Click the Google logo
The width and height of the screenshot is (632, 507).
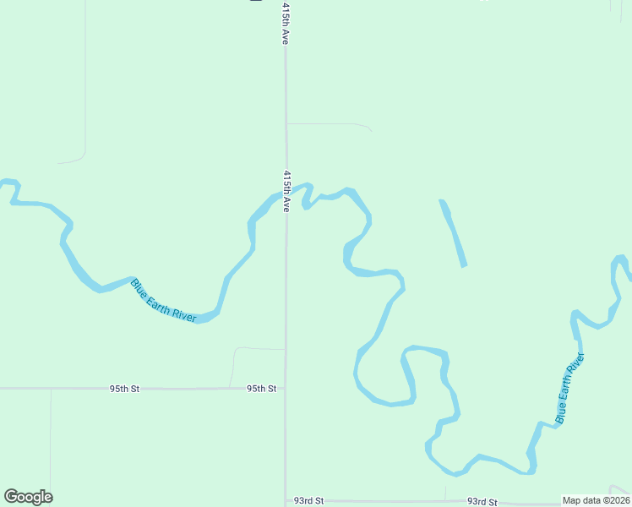point(28,497)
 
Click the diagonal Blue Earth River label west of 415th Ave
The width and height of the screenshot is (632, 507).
point(164,300)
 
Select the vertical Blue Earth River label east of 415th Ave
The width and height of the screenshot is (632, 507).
point(569,388)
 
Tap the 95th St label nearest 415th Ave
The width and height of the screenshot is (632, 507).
point(261,389)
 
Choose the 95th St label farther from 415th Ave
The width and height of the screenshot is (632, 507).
point(123,389)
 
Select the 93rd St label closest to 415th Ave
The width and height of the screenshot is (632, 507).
point(308,501)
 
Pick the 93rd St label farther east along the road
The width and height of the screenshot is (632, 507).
point(482,502)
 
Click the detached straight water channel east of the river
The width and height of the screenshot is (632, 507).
point(452,232)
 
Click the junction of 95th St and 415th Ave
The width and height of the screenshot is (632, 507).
point(285,389)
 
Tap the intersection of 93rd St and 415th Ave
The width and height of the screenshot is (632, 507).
point(285,501)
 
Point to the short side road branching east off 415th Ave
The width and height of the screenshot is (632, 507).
point(330,124)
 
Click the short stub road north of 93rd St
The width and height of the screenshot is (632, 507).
point(445,493)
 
